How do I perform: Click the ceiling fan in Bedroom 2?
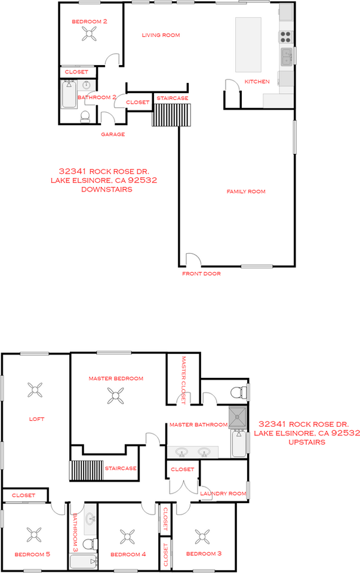pos(90,35)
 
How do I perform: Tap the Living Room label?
pos(161,35)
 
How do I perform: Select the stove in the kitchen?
pos(286,36)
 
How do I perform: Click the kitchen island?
pos(249,44)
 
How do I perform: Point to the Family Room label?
pos(245,192)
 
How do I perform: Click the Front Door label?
pos(201,274)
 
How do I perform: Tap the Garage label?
pos(112,134)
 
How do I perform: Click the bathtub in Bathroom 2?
pos(69,95)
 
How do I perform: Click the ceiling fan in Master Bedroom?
pos(116,395)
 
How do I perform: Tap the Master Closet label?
pos(184,380)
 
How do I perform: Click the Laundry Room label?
pos(223,494)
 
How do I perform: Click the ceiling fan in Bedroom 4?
pos(128,535)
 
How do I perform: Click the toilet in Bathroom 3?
pos(88,544)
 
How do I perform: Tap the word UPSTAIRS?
pos(307,443)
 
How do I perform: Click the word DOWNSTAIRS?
pos(107,189)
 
